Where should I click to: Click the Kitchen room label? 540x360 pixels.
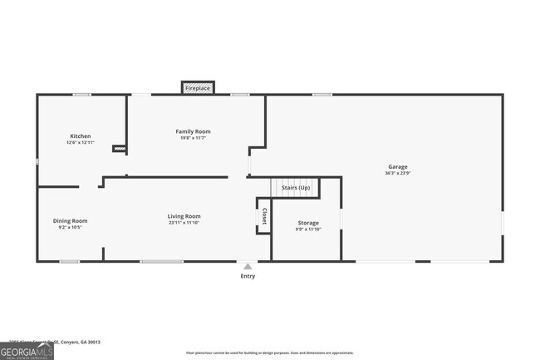(81, 136)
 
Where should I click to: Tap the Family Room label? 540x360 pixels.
(193, 131)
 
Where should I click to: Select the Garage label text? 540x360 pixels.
(398, 167)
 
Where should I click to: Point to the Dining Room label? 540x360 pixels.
(70, 220)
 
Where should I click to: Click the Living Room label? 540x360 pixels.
(184, 216)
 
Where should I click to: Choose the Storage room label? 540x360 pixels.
(308, 223)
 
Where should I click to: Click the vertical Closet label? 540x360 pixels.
(264, 216)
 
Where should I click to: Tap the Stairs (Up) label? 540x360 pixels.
(296, 188)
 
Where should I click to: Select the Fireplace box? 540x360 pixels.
(198, 87)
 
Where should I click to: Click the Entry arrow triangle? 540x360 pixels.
(248, 266)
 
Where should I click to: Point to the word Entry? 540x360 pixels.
(248, 276)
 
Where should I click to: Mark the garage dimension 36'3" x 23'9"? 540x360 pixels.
(398, 174)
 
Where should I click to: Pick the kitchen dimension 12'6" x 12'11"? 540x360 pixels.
(81, 143)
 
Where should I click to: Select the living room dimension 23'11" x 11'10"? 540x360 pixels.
(184, 223)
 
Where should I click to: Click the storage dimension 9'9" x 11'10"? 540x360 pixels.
(308, 229)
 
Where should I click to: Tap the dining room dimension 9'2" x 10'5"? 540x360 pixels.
(70, 227)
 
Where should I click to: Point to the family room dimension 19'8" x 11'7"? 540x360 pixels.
(193, 138)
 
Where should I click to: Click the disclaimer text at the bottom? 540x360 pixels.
(269, 353)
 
